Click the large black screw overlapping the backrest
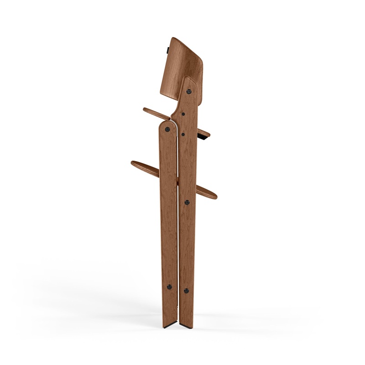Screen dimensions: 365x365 188,91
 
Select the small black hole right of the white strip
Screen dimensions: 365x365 182,134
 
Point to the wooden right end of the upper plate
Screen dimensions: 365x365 207,133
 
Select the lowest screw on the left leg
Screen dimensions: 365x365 169,287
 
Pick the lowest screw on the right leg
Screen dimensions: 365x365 186,289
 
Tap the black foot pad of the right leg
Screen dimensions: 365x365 187,327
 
